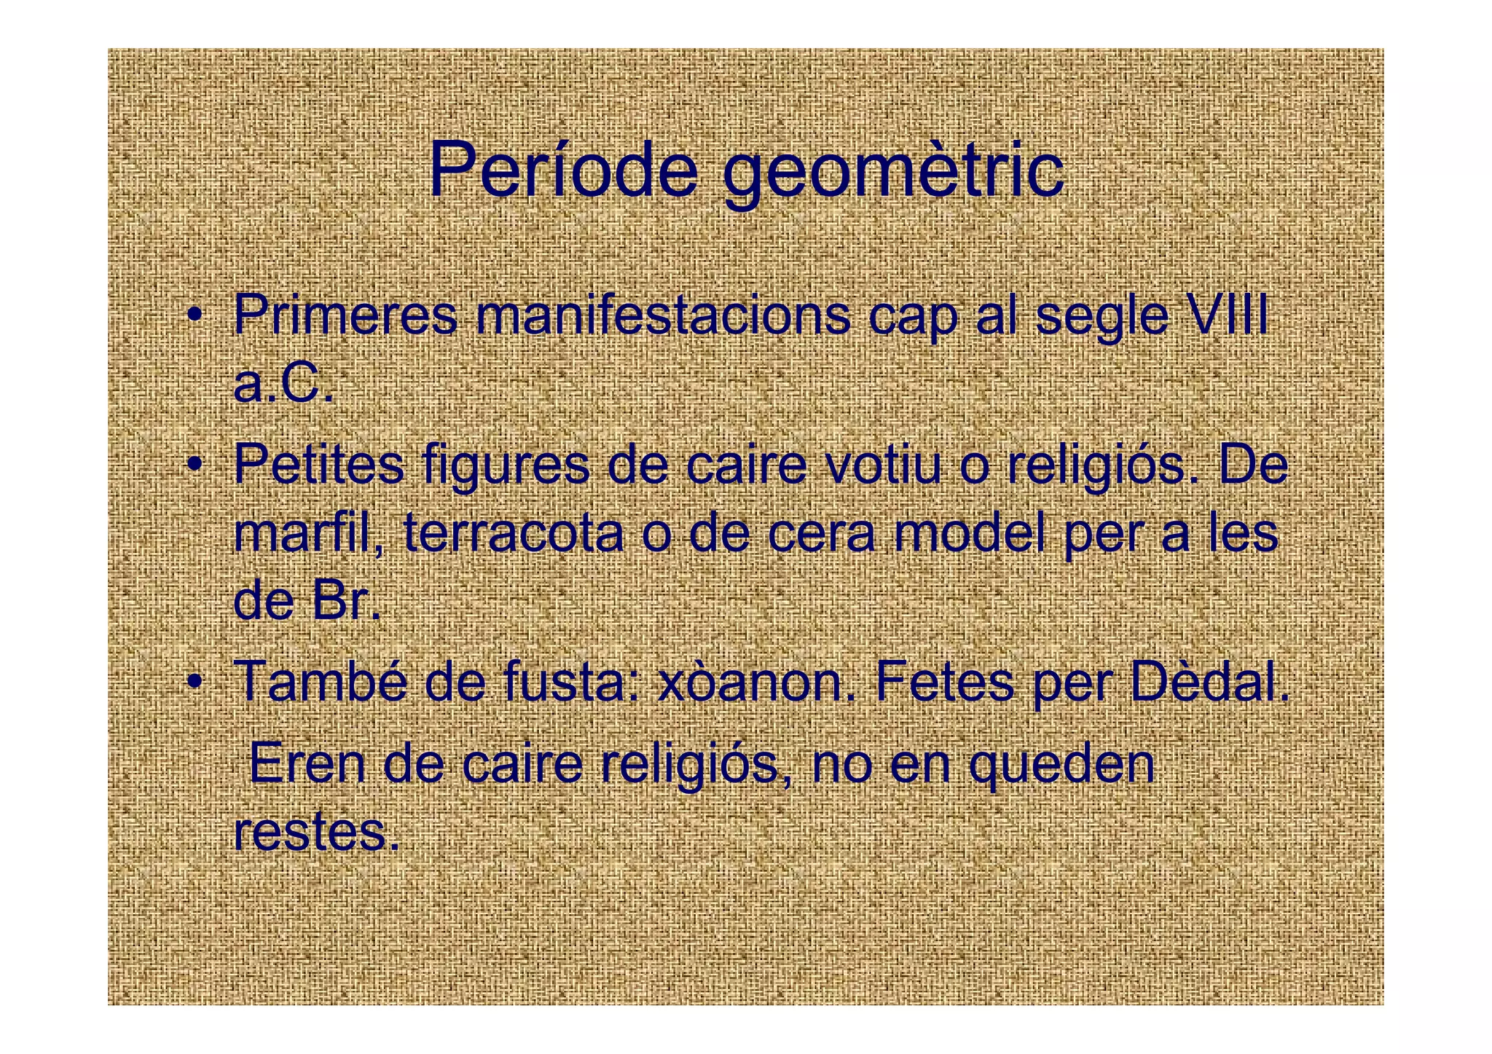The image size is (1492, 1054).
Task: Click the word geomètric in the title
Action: [x=892, y=175]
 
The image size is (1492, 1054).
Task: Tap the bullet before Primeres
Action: [x=194, y=315]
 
